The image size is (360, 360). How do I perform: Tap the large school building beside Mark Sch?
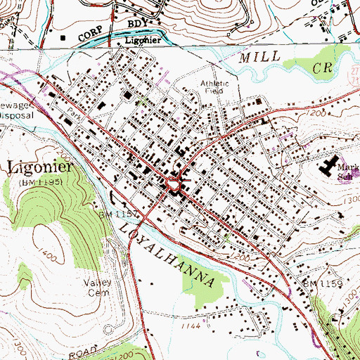coord(329,168)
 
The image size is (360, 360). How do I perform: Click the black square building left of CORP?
coord(65,37)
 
